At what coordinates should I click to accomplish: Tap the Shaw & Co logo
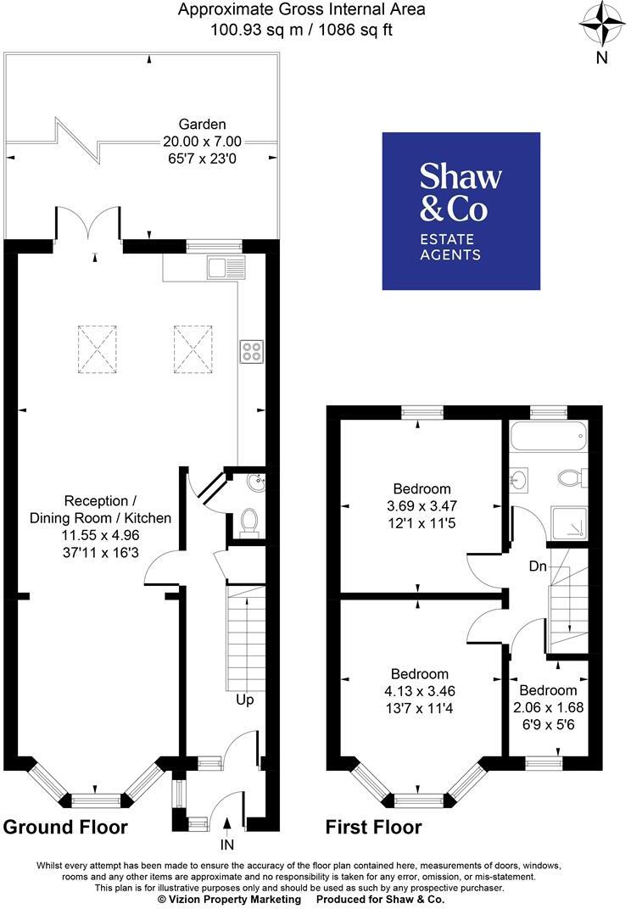(x=461, y=211)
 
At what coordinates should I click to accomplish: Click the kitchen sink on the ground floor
(x=227, y=268)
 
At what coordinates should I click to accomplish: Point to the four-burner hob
(x=251, y=352)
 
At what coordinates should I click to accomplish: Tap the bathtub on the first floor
(x=547, y=438)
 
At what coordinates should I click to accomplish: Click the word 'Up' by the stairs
(x=244, y=700)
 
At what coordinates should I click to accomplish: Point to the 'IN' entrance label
(x=227, y=845)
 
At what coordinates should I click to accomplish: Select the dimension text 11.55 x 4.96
(x=101, y=534)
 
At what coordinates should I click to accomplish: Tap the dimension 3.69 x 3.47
(x=422, y=505)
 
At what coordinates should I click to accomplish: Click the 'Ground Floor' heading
(x=65, y=827)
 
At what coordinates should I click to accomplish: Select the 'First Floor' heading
(x=374, y=827)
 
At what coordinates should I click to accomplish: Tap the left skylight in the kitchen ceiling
(x=97, y=348)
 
